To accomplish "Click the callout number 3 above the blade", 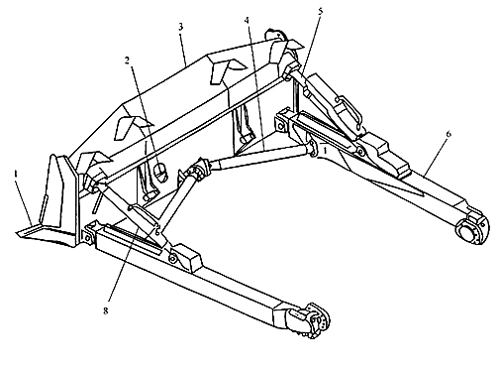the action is pos(180,27).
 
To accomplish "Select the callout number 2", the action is pos(127,61).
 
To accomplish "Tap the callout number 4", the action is pos(247,20).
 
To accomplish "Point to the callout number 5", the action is pos(320,11).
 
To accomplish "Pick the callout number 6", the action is pos(448,134).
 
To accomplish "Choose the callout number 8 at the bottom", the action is pos(105,310).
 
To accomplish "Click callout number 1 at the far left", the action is pos(16,174).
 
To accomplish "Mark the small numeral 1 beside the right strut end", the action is pos(325,152).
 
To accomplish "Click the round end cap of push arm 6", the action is pos(471,230).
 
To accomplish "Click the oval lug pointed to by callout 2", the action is pos(160,172).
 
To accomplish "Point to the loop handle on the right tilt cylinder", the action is pos(349,111).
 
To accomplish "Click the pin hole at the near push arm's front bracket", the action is pos(88,237).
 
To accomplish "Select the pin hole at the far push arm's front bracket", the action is pos(281,126).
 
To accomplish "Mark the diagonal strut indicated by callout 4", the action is pos(260,158).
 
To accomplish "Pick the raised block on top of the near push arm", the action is pos(187,258).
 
